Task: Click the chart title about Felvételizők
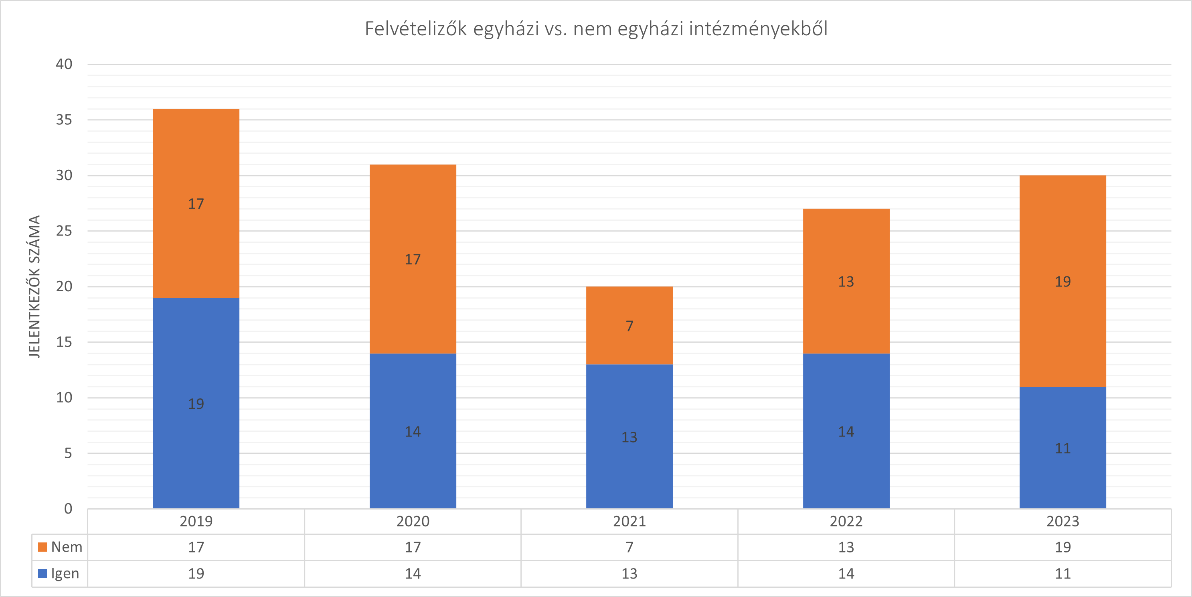point(595,29)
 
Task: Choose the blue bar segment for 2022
point(846,463)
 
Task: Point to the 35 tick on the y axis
point(64,120)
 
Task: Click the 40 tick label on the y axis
point(64,64)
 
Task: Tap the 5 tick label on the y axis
point(68,453)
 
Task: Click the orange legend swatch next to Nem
point(42,547)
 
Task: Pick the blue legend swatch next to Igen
point(42,573)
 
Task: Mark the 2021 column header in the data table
point(629,522)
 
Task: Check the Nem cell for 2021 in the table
point(629,547)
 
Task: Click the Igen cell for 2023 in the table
point(1062,574)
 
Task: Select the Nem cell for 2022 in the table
point(846,547)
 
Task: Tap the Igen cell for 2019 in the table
point(196,574)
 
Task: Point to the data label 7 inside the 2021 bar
point(629,326)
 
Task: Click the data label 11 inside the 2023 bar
point(1062,448)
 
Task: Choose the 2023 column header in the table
point(1062,522)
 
